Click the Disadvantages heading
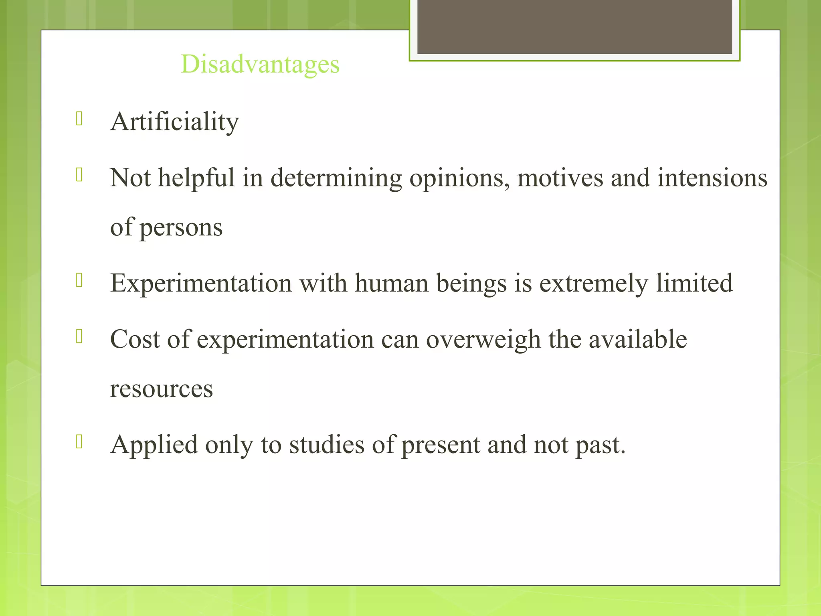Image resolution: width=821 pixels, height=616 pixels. [x=260, y=64]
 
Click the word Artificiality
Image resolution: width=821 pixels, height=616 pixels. [x=174, y=122]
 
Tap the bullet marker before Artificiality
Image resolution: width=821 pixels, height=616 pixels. [x=79, y=119]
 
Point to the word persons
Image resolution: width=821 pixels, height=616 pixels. [x=181, y=227]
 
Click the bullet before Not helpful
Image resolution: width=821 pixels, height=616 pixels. [x=79, y=175]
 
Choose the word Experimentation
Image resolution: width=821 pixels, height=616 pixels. [x=201, y=283]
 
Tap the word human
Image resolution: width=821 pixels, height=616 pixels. [x=392, y=283]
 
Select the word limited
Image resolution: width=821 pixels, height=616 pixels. [x=694, y=283]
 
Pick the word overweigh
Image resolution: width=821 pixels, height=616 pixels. [x=483, y=339]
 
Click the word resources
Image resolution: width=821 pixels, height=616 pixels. [x=161, y=389]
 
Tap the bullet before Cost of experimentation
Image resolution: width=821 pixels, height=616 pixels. [x=79, y=336]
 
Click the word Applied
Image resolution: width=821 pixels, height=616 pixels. [x=154, y=445]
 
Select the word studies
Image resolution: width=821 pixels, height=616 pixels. [x=327, y=445]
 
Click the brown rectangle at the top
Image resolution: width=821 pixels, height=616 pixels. [x=574, y=27]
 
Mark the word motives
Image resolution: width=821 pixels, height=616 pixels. [x=560, y=178]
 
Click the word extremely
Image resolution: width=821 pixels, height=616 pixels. [x=593, y=283]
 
